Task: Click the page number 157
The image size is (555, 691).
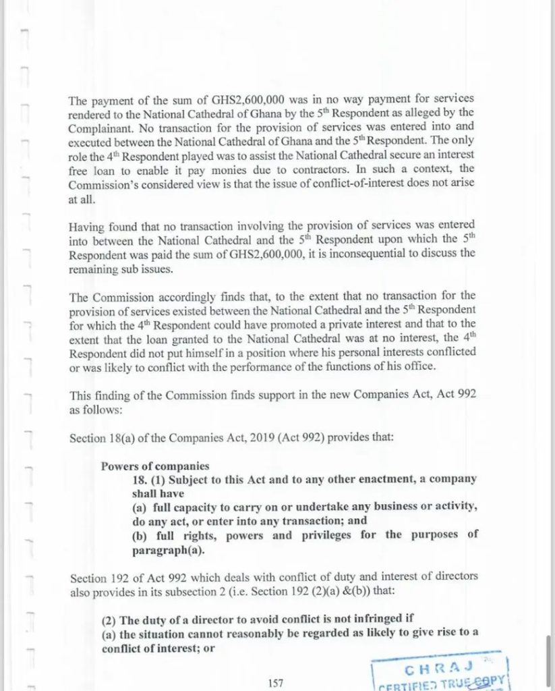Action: coord(274,684)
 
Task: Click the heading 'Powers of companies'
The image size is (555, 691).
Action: coord(155,466)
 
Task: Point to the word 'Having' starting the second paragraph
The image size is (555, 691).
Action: coord(86,225)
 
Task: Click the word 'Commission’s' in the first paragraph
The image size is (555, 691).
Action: coord(102,182)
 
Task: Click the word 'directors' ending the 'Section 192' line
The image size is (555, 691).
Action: coord(455,576)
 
